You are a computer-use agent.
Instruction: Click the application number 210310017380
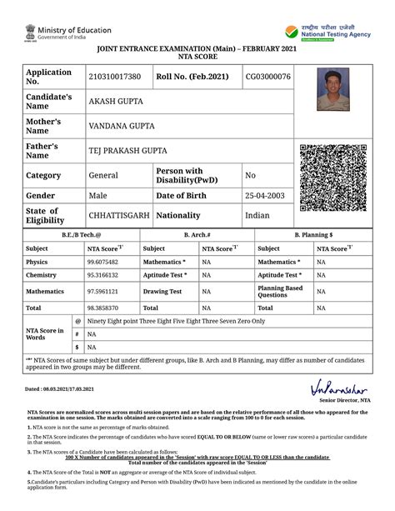point(114,78)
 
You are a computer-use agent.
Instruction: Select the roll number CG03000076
point(267,78)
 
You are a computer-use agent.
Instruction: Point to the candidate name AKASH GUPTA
point(116,102)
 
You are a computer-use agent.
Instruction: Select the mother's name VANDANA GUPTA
point(123,126)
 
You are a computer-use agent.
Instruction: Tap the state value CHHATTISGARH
point(119,215)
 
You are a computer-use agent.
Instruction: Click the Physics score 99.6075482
point(102,262)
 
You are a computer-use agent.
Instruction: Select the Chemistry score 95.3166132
point(102,275)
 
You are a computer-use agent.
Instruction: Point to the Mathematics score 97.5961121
point(102,292)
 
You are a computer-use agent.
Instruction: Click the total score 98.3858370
point(102,308)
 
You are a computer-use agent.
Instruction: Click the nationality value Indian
point(257,215)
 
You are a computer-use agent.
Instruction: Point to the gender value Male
point(98,195)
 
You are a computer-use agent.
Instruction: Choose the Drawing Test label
point(162,292)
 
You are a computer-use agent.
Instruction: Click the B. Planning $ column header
point(313,235)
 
